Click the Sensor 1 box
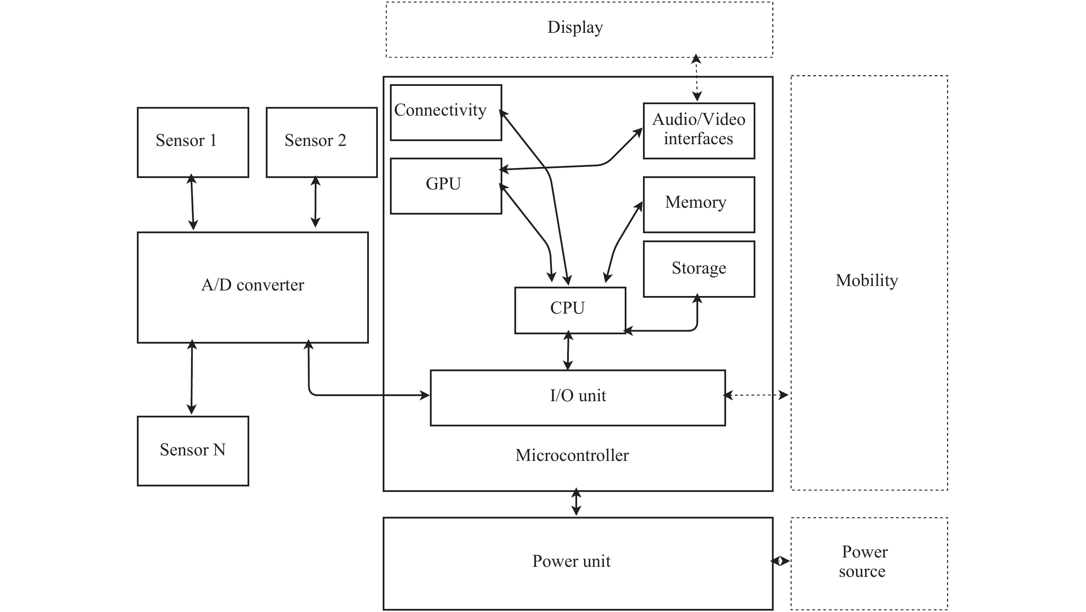[x=193, y=142]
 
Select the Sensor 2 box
[x=321, y=142]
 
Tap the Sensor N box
[x=193, y=451]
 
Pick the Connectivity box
[x=446, y=112]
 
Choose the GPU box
[x=446, y=186]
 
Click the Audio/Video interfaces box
[x=698, y=130]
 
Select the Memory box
[x=698, y=204]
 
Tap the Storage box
[x=698, y=269]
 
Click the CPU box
[x=570, y=310]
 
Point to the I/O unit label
[x=577, y=396]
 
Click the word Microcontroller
[x=572, y=455]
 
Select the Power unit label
[x=571, y=561]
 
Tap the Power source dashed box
[x=869, y=563]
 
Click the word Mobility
[x=867, y=281]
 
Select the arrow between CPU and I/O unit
[x=568, y=351]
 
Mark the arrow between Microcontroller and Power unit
[x=576, y=502]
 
